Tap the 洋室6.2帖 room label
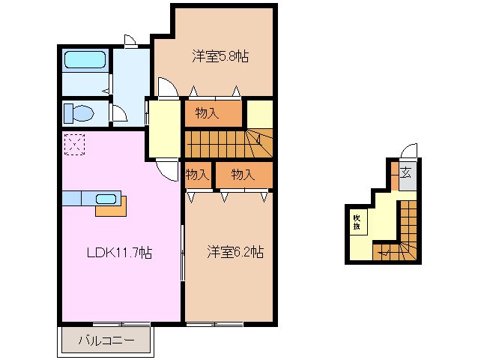tap(235, 253)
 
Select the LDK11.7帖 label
tap(118, 253)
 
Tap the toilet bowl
tap(79, 113)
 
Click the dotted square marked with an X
tap(74, 145)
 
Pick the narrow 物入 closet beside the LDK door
tap(197, 175)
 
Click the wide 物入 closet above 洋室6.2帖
tap(243, 175)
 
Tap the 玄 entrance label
tap(405, 172)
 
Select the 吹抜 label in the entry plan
tap(357, 221)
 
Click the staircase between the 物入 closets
tap(225, 143)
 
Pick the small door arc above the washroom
tap(129, 41)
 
